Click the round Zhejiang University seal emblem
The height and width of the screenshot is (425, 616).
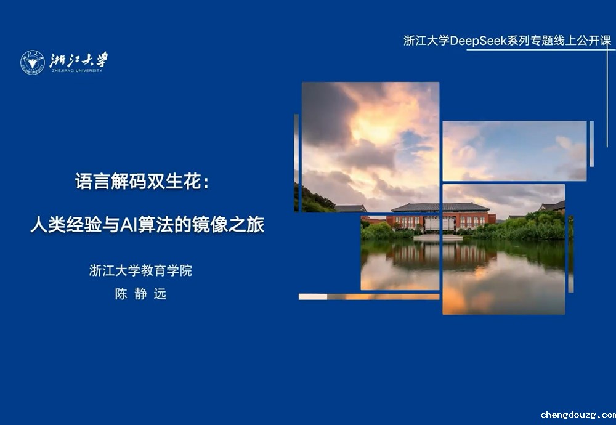(32, 62)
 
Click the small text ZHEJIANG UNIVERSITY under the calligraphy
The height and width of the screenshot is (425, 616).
(77, 71)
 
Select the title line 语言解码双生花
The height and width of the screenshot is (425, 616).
(138, 181)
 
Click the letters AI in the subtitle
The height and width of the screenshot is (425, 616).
(127, 225)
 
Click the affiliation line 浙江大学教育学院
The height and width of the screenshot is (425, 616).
(140, 270)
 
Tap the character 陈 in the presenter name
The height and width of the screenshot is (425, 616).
(121, 294)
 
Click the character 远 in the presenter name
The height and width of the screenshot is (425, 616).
(160, 294)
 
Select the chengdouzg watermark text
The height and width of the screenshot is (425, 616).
(578, 415)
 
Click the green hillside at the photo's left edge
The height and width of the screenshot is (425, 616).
(314, 200)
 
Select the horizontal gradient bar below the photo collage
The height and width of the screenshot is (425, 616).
(369, 296)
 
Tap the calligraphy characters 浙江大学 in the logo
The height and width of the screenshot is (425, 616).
(79, 60)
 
